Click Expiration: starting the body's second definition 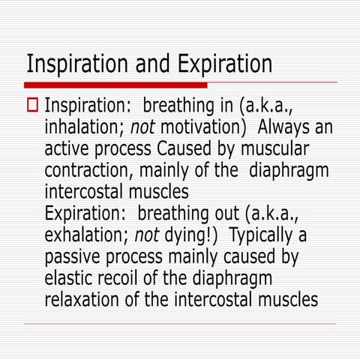(87, 214)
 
